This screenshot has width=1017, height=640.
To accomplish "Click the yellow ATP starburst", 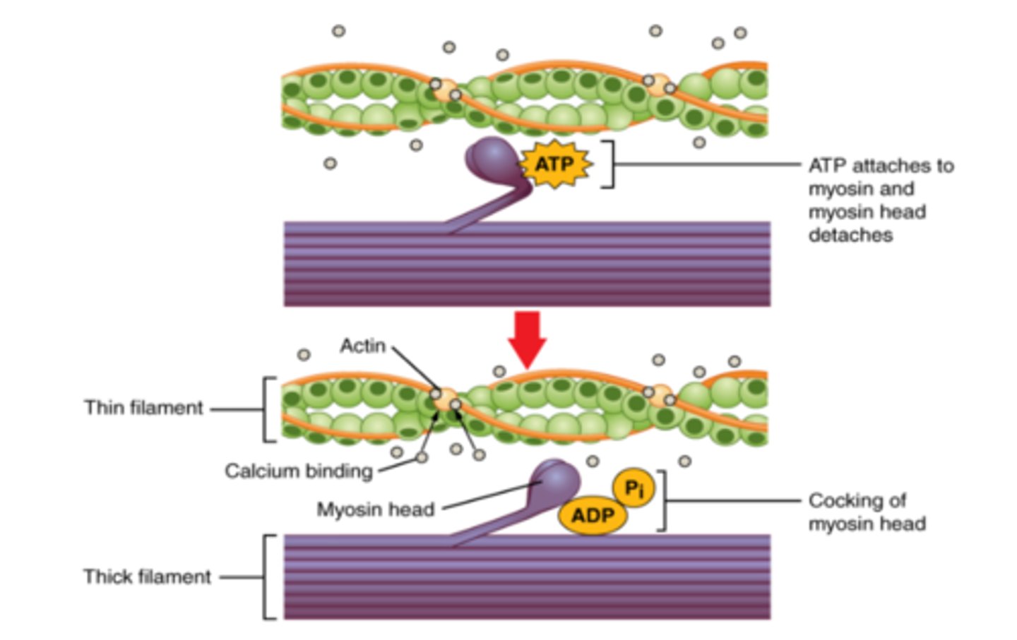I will click(x=555, y=164).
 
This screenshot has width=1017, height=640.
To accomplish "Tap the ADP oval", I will click(x=592, y=516).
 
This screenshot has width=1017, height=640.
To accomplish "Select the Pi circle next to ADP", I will click(x=634, y=488).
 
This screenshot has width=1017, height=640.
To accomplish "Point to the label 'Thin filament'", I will click(x=143, y=408).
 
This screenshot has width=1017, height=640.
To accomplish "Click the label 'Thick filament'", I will click(x=147, y=576).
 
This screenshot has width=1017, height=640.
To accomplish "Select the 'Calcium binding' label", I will click(x=298, y=471).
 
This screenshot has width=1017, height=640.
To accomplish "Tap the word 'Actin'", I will click(x=362, y=346).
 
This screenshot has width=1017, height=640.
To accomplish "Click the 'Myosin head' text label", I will click(x=375, y=509).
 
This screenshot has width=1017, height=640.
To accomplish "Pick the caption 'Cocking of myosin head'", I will click(x=867, y=512).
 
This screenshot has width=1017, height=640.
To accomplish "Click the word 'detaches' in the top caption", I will click(x=850, y=235).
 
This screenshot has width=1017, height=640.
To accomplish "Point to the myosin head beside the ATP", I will click(x=492, y=160).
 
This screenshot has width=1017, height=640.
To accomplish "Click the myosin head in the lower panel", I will click(x=556, y=483).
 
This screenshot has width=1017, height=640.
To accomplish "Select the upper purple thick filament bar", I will click(x=527, y=264).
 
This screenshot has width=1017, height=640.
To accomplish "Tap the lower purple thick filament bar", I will click(x=527, y=576).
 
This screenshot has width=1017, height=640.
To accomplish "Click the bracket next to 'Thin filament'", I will click(x=268, y=409).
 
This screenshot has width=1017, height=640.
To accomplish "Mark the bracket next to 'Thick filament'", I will click(x=268, y=576).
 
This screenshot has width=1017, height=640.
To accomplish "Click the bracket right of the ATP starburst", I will click(x=609, y=164).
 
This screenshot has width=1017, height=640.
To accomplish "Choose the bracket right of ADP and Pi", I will click(x=662, y=500).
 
